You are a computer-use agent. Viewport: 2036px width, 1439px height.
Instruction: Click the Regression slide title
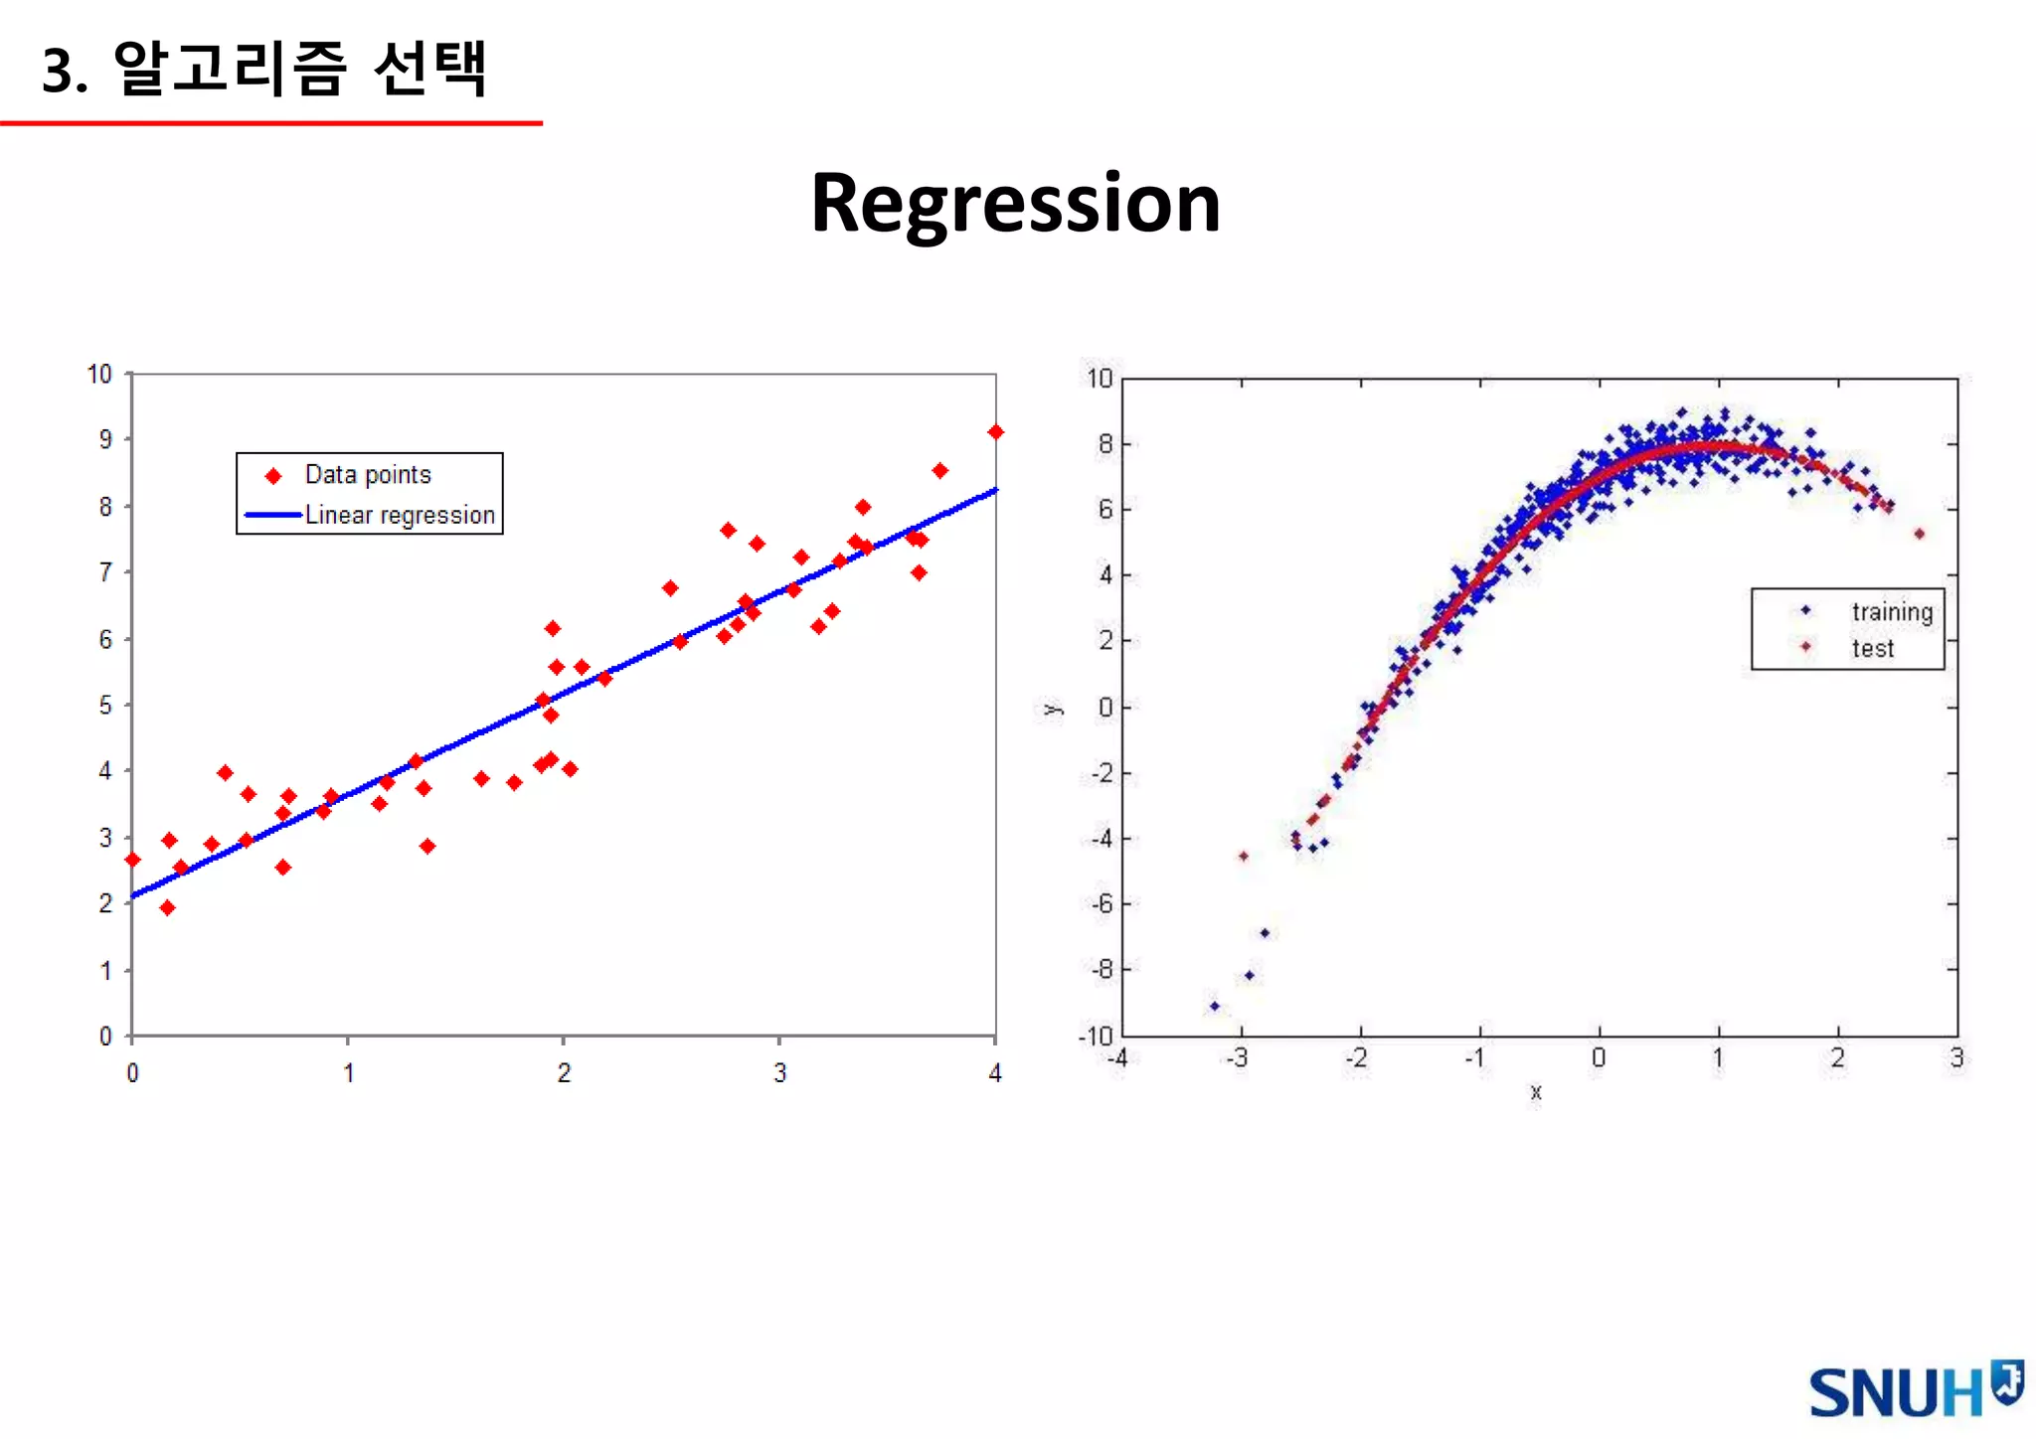tap(1015, 204)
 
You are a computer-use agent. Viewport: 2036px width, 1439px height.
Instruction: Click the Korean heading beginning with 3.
tap(264, 69)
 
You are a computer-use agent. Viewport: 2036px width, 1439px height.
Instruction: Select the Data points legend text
tap(368, 475)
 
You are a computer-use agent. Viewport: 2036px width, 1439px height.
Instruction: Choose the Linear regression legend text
tap(400, 515)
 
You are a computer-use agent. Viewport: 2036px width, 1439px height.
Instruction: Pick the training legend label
tap(1892, 611)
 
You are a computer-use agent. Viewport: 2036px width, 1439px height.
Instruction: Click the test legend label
tap(1872, 649)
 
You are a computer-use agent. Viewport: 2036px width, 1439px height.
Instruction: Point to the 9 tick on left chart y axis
tap(105, 439)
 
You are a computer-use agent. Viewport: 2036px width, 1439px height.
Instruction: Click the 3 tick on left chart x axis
tap(779, 1073)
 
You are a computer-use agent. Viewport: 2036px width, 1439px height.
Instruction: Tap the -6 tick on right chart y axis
tap(1102, 904)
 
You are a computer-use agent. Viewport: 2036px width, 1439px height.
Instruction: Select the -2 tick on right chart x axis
tap(1356, 1058)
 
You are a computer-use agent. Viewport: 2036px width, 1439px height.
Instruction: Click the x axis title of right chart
tap(1536, 1092)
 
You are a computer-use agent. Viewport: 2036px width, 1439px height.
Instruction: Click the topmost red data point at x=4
tap(995, 431)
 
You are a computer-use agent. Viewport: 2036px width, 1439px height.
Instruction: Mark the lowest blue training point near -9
tap(1214, 1006)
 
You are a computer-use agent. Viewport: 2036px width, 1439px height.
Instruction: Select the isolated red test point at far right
tap(1919, 534)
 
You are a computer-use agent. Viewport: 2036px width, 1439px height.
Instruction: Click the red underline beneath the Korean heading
tap(270, 123)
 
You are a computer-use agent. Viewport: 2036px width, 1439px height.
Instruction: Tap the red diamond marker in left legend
tap(273, 476)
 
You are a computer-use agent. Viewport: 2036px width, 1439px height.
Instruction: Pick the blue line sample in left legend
tap(272, 515)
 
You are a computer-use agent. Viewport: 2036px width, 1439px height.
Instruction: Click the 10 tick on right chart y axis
tap(1100, 379)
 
